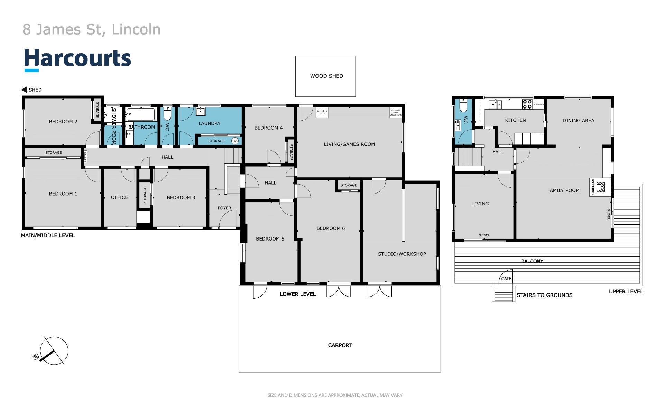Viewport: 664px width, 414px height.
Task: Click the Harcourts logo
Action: coord(77,59)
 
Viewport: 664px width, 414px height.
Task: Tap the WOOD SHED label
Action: coord(326,76)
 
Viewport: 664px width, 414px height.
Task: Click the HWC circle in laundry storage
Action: coord(235,141)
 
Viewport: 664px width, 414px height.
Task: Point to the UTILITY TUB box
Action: coord(322,113)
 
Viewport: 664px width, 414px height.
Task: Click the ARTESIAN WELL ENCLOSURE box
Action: coord(396,113)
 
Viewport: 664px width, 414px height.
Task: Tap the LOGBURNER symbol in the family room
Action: coord(600,187)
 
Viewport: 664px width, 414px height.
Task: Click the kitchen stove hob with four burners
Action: coord(527,104)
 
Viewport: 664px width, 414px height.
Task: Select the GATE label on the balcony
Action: coord(506,279)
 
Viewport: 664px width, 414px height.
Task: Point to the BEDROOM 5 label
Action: coord(270,239)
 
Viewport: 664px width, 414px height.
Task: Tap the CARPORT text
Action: coord(340,345)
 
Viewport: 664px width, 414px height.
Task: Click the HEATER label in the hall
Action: coord(85,157)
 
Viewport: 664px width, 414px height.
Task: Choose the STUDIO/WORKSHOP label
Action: coord(402,254)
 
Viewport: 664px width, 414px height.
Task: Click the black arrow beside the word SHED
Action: coord(24,90)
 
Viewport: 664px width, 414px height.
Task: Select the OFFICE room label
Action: coord(119,197)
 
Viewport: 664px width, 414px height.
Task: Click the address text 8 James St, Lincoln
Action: coord(92,29)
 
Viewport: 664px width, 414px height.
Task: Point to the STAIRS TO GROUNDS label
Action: coord(544,295)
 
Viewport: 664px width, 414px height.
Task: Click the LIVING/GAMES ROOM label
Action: coord(349,144)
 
